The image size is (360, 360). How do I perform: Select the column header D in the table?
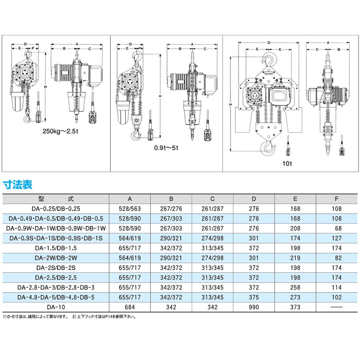pyautogui.click(x=254, y=199)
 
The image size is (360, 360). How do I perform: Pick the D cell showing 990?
pyautogui.click(x=254, y=307)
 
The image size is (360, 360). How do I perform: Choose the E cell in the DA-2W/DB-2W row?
pyautogui.click(x=295, y=258)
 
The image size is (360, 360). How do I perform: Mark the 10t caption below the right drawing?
pyautogui.click(x=287, y=164)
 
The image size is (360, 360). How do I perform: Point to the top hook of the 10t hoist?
pyautogui.click(x=269, y=59)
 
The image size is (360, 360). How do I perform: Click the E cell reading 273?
pyautogui.click(x=295, y=297)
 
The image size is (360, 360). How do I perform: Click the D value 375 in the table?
pyautogui.click(x=254, y=297)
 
